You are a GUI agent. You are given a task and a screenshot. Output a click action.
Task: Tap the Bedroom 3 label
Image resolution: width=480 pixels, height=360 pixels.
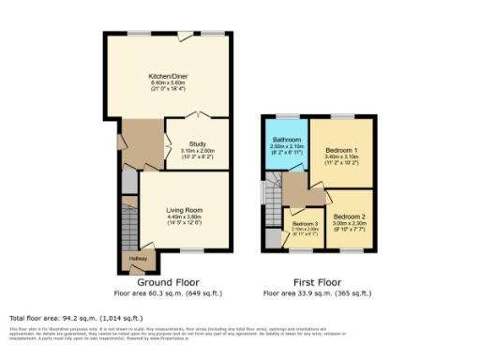tap(305, 224)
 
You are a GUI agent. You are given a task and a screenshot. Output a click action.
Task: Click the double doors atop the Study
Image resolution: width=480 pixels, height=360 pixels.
tap(197, 116)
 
